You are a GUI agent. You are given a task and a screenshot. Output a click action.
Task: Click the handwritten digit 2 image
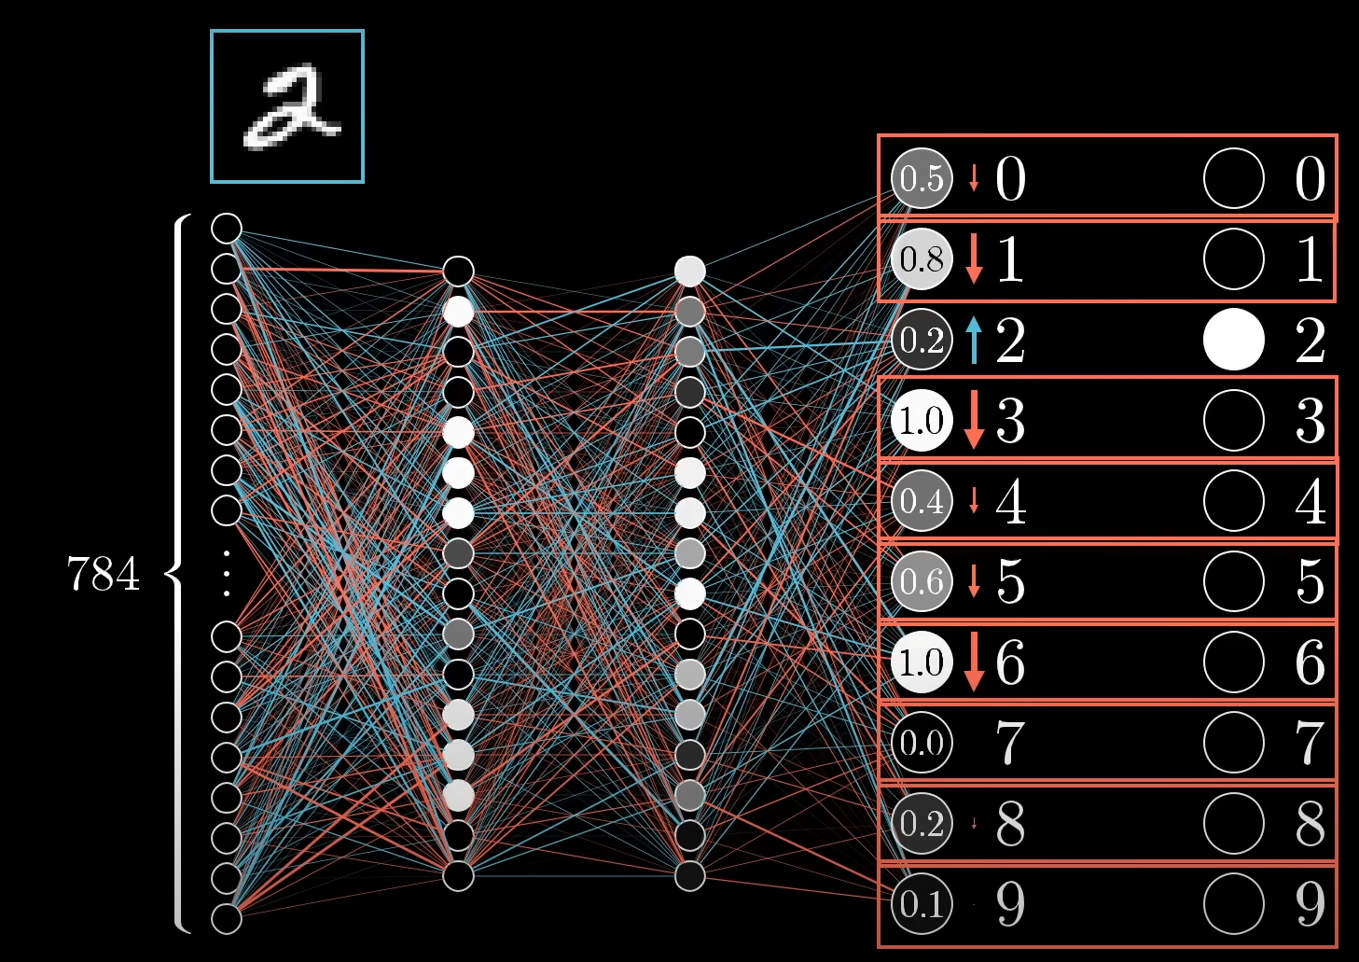point(287,106)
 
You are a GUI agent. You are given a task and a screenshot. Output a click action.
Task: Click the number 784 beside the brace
point(104,574)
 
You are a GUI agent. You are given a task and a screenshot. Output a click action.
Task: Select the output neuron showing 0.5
point(922,178)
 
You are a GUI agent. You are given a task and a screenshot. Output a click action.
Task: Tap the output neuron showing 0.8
point(922,259)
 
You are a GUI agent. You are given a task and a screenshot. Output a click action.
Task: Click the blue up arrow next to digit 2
point(975,340)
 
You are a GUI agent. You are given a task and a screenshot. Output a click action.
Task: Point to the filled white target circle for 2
point(1233,340)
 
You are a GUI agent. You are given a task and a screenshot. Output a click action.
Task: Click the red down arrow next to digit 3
point(975,420)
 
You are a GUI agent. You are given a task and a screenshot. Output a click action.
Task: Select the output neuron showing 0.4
point(922,501)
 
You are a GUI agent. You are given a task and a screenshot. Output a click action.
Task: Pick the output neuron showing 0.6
point(922,581)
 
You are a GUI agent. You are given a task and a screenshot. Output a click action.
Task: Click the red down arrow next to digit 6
point(975,662)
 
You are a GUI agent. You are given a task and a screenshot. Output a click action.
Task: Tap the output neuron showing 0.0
point(922,743)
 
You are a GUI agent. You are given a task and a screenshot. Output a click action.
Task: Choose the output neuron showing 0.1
point(922,903)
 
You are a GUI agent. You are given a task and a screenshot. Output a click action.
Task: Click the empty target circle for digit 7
point(1233,743)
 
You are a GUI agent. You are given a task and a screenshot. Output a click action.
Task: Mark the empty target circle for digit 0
point(1233,178)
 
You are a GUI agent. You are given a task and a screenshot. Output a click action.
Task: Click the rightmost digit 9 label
point(1310,903)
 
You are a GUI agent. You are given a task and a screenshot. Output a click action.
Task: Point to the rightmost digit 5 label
point(1310,581)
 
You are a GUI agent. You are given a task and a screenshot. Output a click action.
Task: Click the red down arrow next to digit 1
point(975,258)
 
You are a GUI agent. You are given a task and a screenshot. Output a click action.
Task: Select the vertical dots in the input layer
point(227,574)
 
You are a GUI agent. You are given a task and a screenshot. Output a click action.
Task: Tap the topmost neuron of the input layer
point(227,228)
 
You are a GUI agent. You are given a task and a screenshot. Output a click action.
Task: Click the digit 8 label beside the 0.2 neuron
point(1011,823)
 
